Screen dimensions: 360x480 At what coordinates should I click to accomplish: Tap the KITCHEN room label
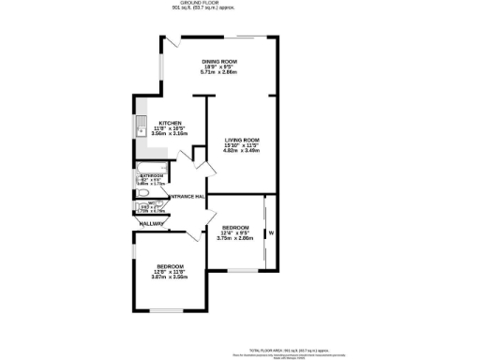click(170, 123)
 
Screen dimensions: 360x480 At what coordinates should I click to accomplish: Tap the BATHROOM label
click(152, 175)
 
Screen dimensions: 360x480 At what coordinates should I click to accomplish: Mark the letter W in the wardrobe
click(271, 232)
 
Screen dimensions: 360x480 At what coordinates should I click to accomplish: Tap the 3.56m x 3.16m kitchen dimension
click(170, 134)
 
